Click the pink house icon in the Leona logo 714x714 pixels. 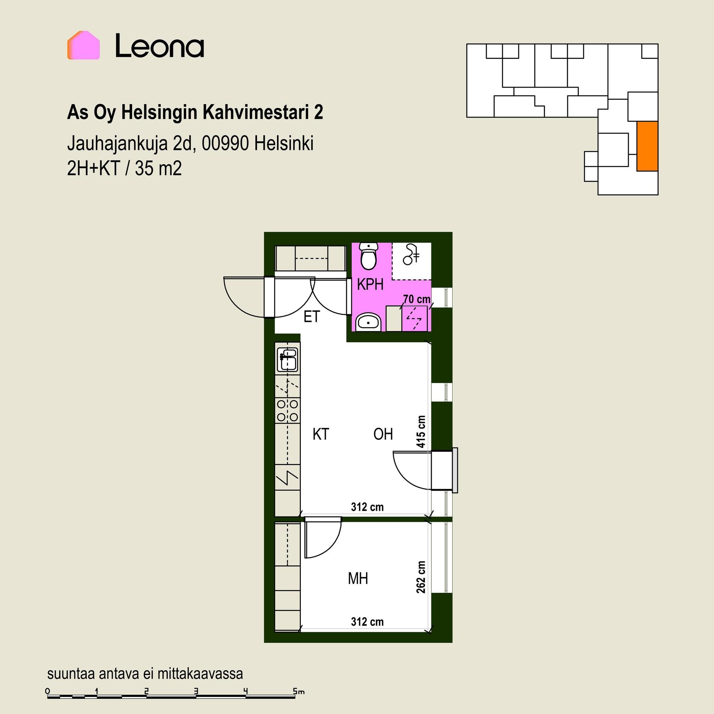83,45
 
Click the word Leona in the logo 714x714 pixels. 160,46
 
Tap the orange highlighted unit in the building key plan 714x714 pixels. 647,146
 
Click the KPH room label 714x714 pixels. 370,284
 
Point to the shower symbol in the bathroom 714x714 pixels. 411,254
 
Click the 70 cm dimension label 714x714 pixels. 417,299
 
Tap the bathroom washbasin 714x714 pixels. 368,322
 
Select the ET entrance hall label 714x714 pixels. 312,317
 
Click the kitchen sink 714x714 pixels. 288,359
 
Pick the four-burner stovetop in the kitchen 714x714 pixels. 287,410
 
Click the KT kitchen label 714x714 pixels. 321,434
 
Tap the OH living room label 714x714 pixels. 383,434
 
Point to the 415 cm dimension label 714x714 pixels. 421,431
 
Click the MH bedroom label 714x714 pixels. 358,579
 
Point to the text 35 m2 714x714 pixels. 158,168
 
